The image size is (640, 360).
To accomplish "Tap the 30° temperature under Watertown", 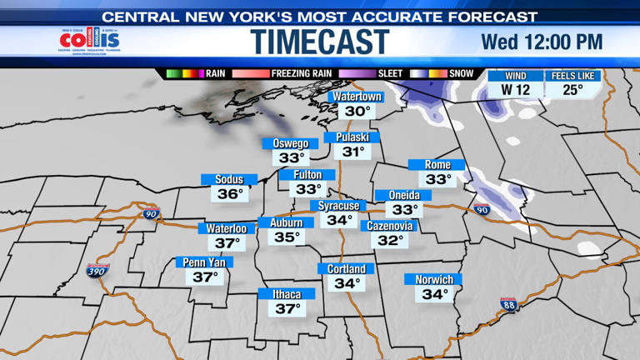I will point(357,111).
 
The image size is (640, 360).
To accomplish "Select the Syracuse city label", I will point(339,206).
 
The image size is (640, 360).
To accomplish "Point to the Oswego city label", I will point(291,143).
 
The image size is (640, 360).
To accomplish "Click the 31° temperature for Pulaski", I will point(353,152).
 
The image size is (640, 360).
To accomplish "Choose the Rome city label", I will point(437,165).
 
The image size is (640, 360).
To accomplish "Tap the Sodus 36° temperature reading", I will point(229,194).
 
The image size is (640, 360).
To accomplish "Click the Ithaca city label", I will point(287,294).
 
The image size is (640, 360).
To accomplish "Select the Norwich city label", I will point(434,280).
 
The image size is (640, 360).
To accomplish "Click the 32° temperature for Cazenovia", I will point(390,240).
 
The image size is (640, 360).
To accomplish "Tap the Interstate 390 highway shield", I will point(96,271).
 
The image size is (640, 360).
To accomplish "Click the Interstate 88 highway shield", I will point(509,305).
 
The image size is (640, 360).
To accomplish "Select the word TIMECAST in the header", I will point(320,42).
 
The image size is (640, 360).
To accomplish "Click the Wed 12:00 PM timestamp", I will point(542,42).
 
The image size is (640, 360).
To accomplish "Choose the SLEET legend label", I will point(390,73).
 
